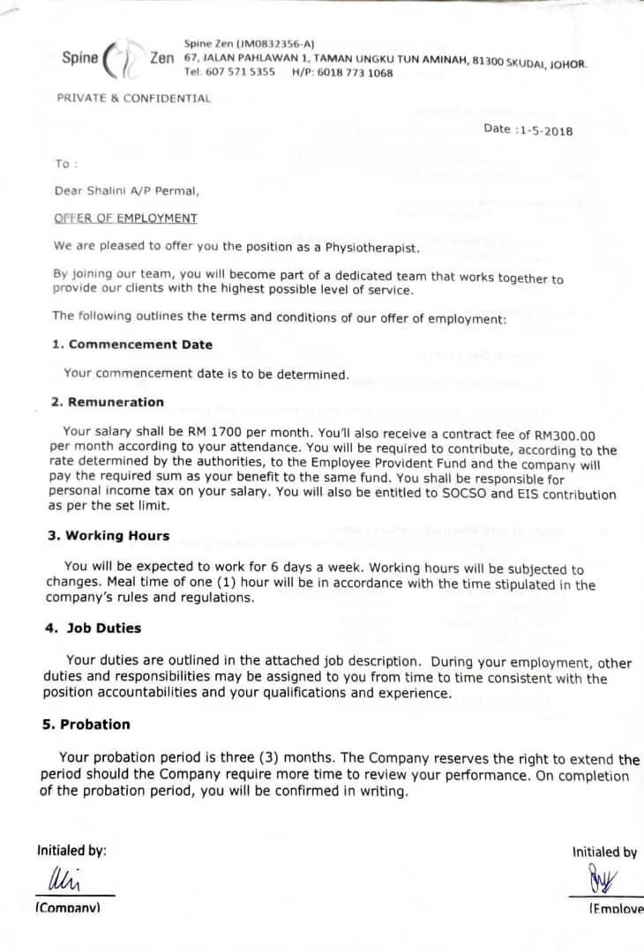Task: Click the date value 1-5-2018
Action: point(547,130)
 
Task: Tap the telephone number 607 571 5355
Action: point(240,72)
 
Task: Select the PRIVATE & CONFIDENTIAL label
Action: point(134,98)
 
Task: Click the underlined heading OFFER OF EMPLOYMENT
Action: point(125,218)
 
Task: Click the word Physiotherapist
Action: point(372,248)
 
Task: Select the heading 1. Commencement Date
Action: point(132,345)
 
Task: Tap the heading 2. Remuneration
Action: point(108,402)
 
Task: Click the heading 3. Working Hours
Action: point(109,536)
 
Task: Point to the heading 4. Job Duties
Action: point(94,628)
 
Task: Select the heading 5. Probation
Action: point(86,725)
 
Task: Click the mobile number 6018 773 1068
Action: point(355,73)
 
